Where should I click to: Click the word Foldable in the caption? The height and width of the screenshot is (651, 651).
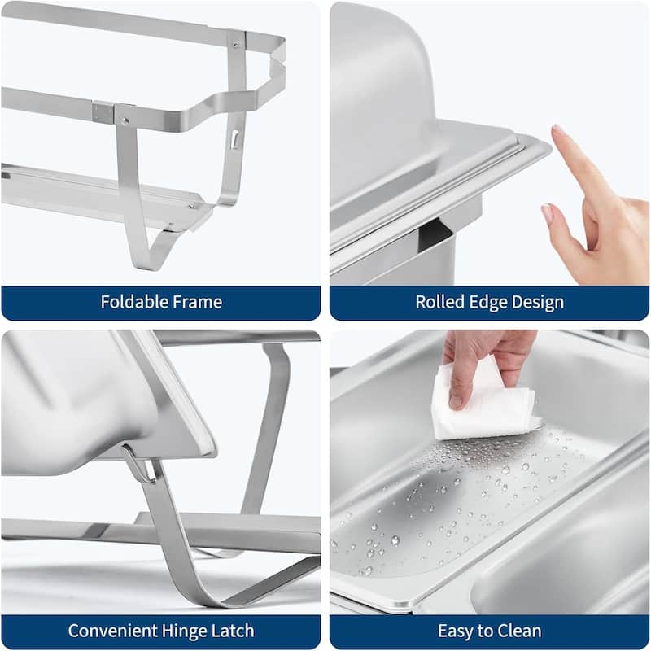tap(132, 303)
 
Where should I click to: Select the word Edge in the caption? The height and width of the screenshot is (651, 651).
tap(487, 303)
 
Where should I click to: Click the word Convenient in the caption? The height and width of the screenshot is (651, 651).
tap(113, 631)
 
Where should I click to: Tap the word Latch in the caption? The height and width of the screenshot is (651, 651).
tap(234, 631)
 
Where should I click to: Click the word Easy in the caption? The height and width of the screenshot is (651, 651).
tap(457, 631)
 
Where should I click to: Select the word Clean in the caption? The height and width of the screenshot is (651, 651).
tap(519, 631)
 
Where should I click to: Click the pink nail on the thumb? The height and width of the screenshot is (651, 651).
tap(547, 214)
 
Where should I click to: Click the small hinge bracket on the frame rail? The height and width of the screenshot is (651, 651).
tap(103, 112)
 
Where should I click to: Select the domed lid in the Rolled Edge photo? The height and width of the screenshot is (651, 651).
tap(382, 98)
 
